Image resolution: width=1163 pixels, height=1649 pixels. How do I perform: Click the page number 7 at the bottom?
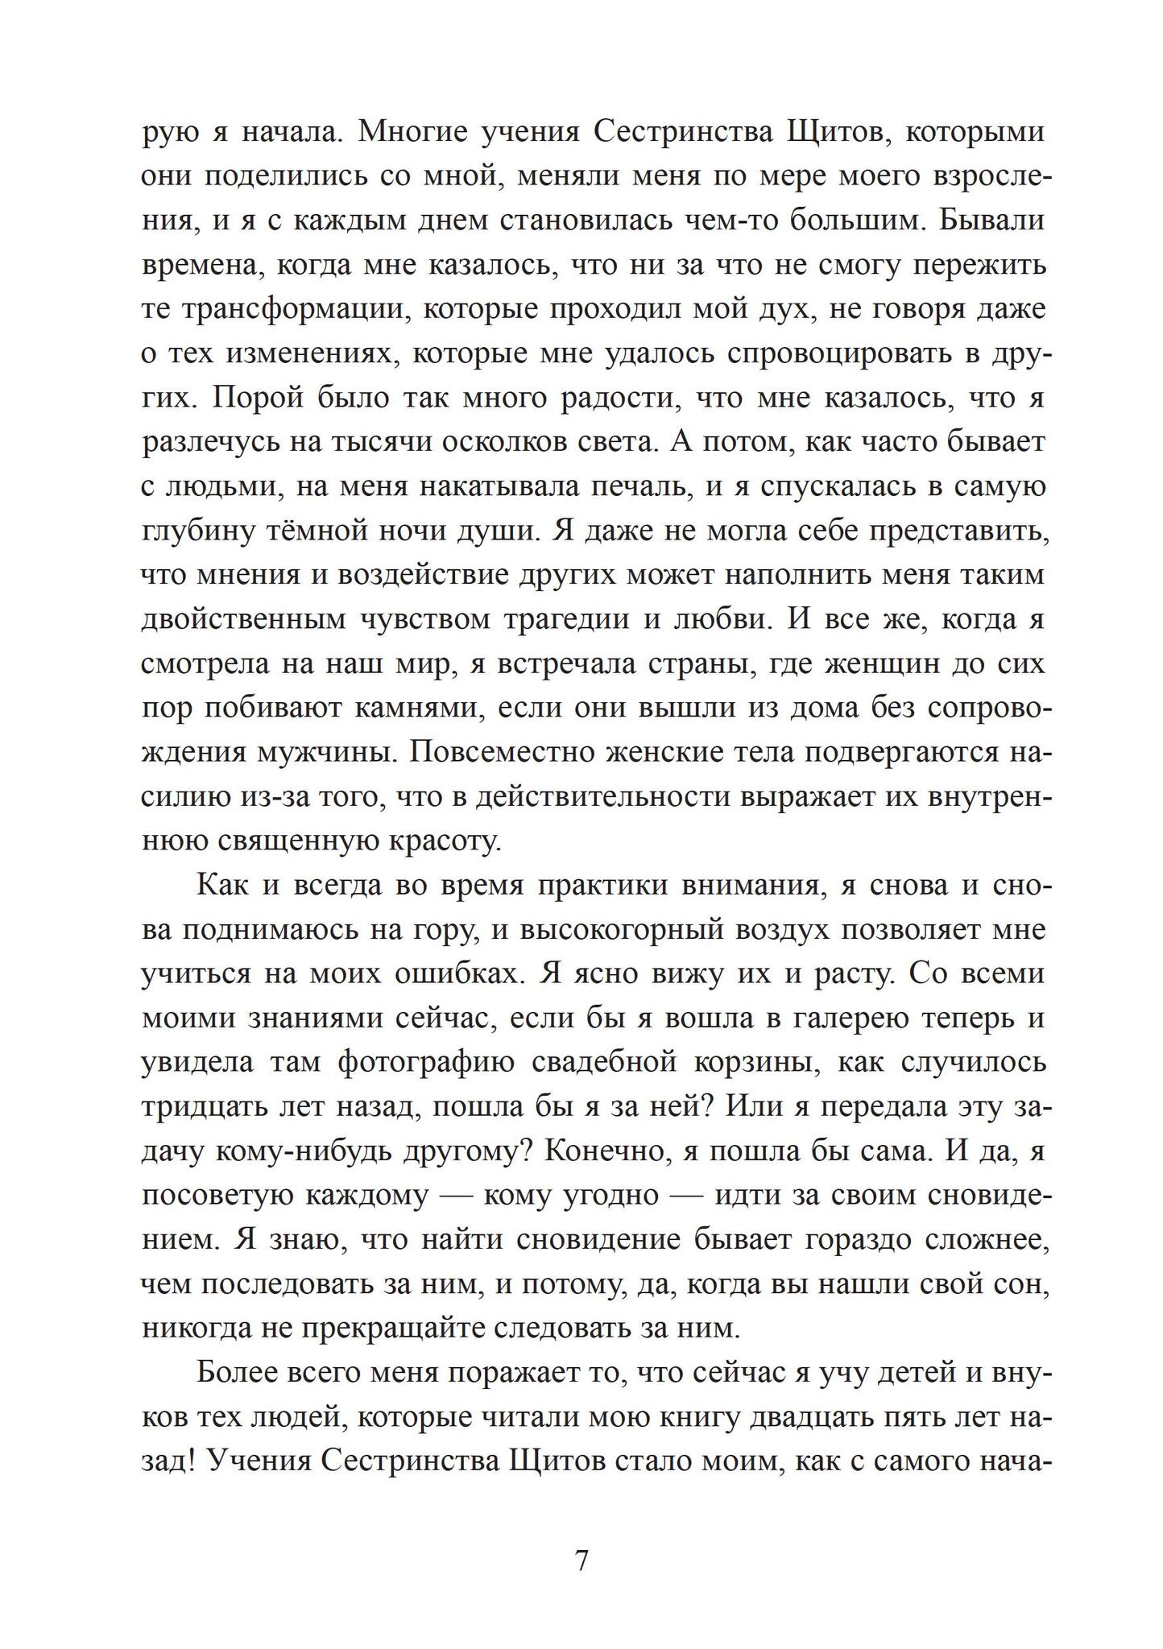pos(581,1560)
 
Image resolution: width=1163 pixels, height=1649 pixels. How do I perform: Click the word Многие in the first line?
pos(411,130)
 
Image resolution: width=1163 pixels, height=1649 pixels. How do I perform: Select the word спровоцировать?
pos(849,353)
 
